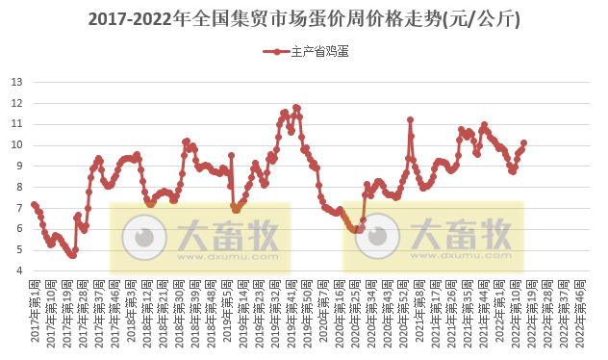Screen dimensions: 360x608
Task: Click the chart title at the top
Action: (304, 18)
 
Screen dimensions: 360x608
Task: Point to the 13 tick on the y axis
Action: (16, 81)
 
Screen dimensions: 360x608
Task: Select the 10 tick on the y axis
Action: (16, 144)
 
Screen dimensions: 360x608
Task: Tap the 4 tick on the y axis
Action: (19, 270)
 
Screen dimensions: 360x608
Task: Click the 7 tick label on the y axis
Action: (19, 208)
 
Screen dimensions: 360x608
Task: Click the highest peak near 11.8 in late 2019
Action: (296, 107)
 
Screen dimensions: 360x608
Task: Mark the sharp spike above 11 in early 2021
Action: (410, 119)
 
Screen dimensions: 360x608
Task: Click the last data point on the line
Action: (523, 142)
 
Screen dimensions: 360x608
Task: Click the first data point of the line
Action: (34, 204)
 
